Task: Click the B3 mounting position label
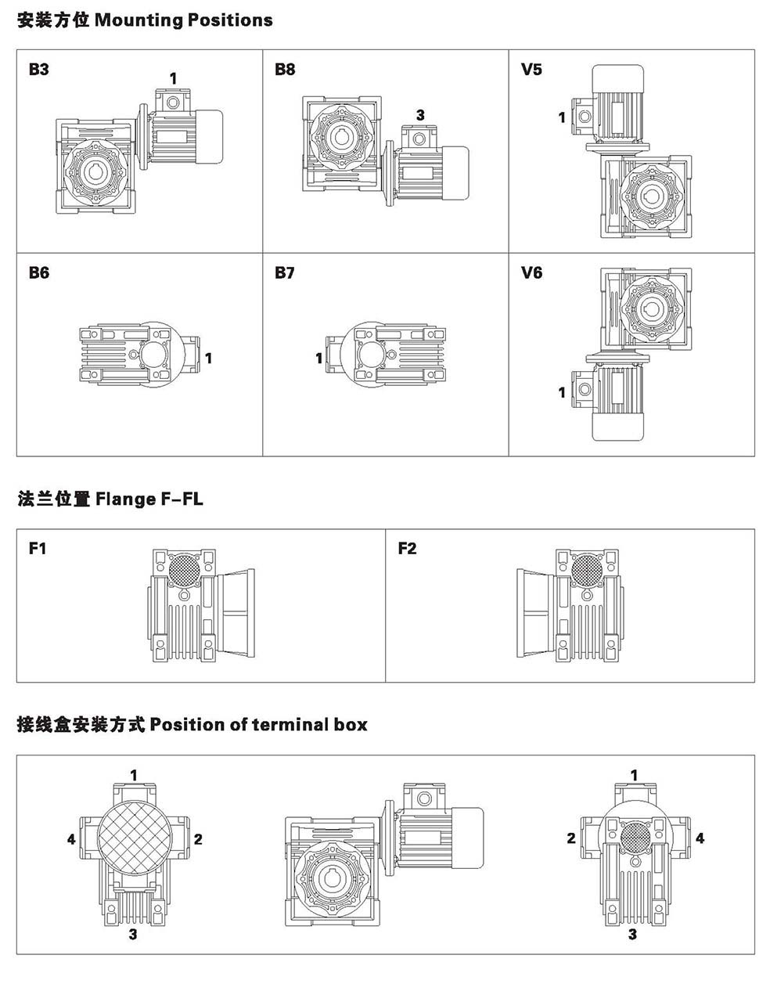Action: pos(38,70)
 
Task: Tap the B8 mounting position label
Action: pos(285,70)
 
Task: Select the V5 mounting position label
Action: pos(531,70)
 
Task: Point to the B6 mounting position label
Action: pos(38,273)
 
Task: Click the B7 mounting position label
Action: pos(285,273)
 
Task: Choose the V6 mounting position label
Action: pos(531,273)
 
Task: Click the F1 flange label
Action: pos(38,549)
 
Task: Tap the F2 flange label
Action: pos(407,549)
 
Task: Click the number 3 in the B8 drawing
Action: pos(420,115)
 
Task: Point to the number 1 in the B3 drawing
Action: pos(173,77)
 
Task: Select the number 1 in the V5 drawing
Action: pos(562,117)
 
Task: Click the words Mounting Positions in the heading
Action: pos(183,20)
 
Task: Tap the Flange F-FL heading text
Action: pos(149,499)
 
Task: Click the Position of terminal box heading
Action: pos(258,724)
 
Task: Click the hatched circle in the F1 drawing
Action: pos(184,568)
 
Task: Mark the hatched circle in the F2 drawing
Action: pos(588,568)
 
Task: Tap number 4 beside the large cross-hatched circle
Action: pos(71,839)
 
